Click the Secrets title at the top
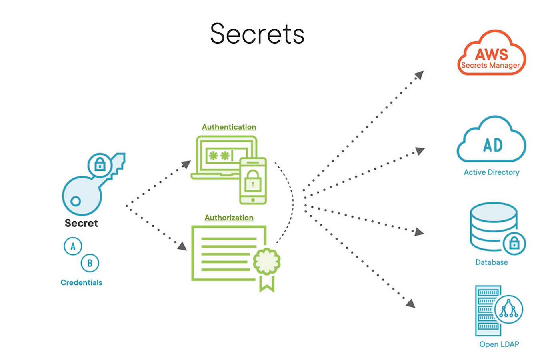tap(257, 34)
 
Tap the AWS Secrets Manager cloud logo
tap(491, 54)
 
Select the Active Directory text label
tap(491, 172)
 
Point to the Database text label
tap(492, 262)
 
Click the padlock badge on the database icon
tap(514, 243)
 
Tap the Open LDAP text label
tap(499, 344)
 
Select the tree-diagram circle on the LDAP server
tap(508, 310)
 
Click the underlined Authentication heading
tap(229, 127)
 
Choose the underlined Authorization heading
tap(229, 218)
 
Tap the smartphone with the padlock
tap(253, 181)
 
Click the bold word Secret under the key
tap(81, 223)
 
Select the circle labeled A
tap(73, 246)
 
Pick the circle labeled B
tap(90, 263)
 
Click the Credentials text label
tap(81, 283)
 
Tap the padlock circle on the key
tap(100, 164)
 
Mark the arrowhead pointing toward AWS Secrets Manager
tap(419, 75)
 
